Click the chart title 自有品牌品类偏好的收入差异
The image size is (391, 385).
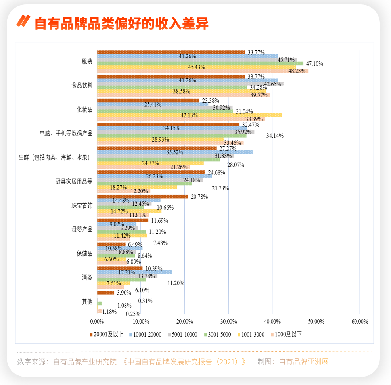[x=121, y=23]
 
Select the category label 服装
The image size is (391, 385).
[x=87, y=61]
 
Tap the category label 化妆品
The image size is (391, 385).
[x=84, y=109]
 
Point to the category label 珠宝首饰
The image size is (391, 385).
[x=82, y=205]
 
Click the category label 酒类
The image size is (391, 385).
[x=87, y=278]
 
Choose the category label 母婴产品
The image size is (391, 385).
[x=82, y=230]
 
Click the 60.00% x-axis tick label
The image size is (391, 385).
[x=360, y=322]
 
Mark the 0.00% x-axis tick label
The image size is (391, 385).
[x=98, y=322]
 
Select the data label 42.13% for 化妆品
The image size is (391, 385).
[x=190, y=115]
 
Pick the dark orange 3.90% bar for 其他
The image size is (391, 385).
[x=105, y=293]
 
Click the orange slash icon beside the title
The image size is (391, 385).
[x=23, y=21]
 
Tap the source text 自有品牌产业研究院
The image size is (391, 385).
[x=85, y=362]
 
